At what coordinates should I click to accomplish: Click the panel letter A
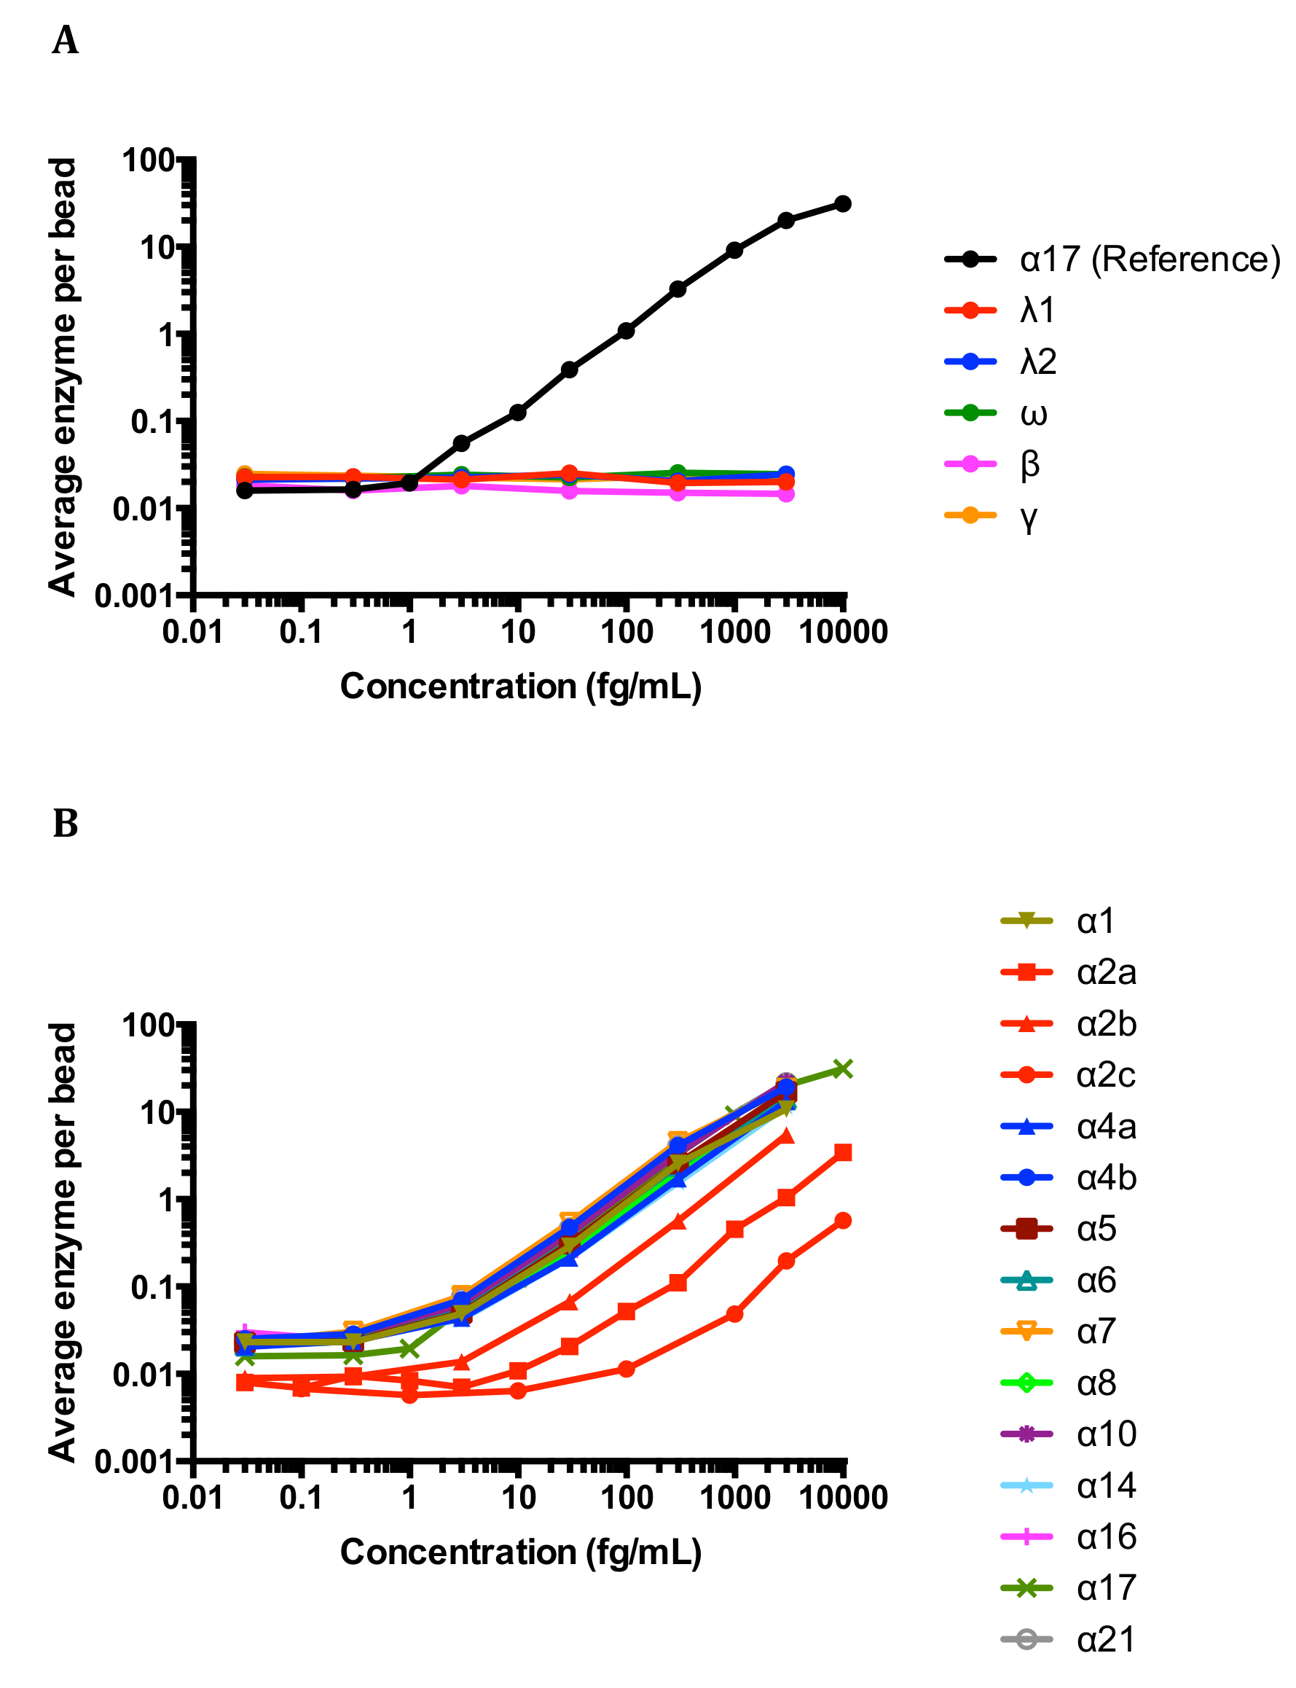pos(65,40)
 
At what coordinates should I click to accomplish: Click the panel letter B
pos(65,824)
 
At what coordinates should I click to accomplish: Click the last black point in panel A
pos(843,204)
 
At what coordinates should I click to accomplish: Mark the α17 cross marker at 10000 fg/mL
pos(843,1069)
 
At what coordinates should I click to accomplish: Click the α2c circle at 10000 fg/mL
pos(843,1220)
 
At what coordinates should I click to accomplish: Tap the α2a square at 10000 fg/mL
pos(843,1152)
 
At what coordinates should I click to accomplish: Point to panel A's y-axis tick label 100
pos(149,160)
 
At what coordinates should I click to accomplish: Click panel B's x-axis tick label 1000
pos(734,1498)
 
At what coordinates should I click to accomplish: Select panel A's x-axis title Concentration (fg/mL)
pos(521,686)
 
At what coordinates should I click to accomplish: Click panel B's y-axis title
pos(63,1243)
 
